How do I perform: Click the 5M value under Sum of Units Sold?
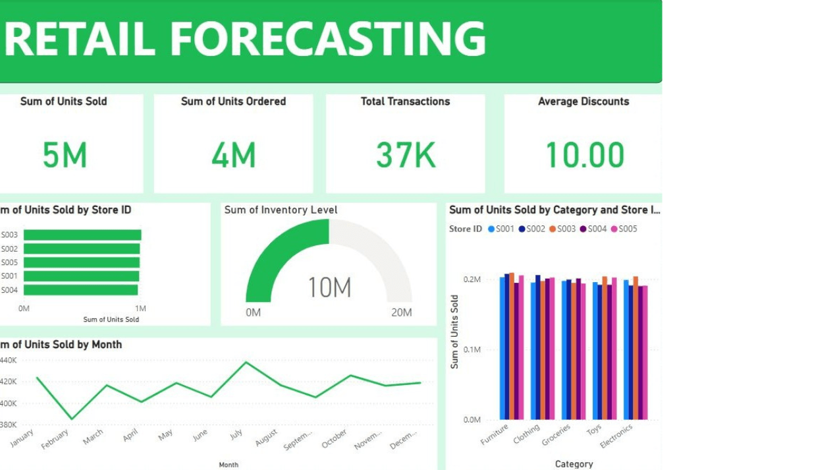coord(65,156)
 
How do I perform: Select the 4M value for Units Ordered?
coord(234,156)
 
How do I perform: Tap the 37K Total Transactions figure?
coord(406,156)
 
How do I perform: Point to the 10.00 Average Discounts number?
coord(585,156)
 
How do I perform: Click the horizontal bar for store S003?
coord(82,235)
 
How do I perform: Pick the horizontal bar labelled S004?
coord(80,290)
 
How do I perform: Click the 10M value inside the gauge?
coord(329,288)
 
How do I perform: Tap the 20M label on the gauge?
coord(402,312)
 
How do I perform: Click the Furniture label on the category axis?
coord(495,434)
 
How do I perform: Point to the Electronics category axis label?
coord(616,436)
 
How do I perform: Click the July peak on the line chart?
coord(246,362)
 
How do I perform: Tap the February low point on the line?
coord(72,419)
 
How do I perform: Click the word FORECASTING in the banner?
coord(328,38)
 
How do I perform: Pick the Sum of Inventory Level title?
coord(281,210)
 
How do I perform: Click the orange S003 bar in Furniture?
coord(512,346)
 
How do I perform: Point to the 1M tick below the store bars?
coord(140,308)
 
